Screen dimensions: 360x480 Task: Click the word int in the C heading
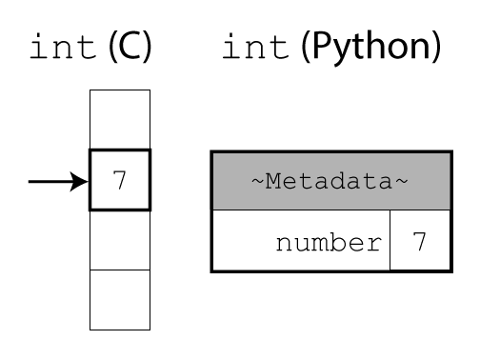pyautogui.click(x=63, y=48)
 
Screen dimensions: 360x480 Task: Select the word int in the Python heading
pyautogui.click(x=255, y=48)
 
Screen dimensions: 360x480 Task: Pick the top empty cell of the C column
pyautogui.click(x=119, y=118)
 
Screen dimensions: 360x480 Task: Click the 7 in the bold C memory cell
pyautogui.click(x=119, y=179)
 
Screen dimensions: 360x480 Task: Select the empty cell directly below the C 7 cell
pyautogui.click(x=119, y=240)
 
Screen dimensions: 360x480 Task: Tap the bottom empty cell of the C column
pyautogui.click(x=119, y=299)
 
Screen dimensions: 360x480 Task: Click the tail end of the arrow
pyautogui.click(x=31, y=180)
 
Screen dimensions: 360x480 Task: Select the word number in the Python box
pyautogui.click(x=327, y=242)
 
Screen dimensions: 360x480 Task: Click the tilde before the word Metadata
pyautogui.click(x=257, y=181)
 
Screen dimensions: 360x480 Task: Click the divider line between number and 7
pyautogui.click(x=390, y=242)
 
